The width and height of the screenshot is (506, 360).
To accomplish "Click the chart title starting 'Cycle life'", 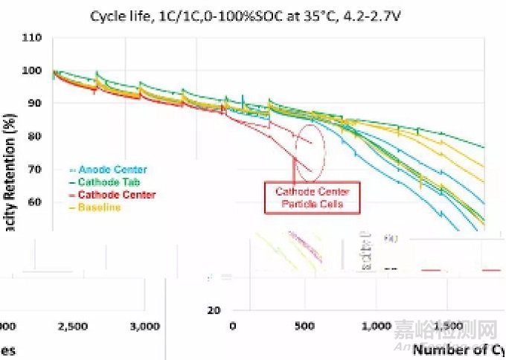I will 254,15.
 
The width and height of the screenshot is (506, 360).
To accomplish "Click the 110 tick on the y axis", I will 31,38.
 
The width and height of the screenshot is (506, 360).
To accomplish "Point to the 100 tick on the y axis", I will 31,71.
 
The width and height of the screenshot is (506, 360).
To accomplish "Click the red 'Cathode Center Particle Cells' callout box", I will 312,198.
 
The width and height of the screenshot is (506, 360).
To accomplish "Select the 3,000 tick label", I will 144,326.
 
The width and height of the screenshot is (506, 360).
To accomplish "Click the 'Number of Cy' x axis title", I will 458,349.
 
